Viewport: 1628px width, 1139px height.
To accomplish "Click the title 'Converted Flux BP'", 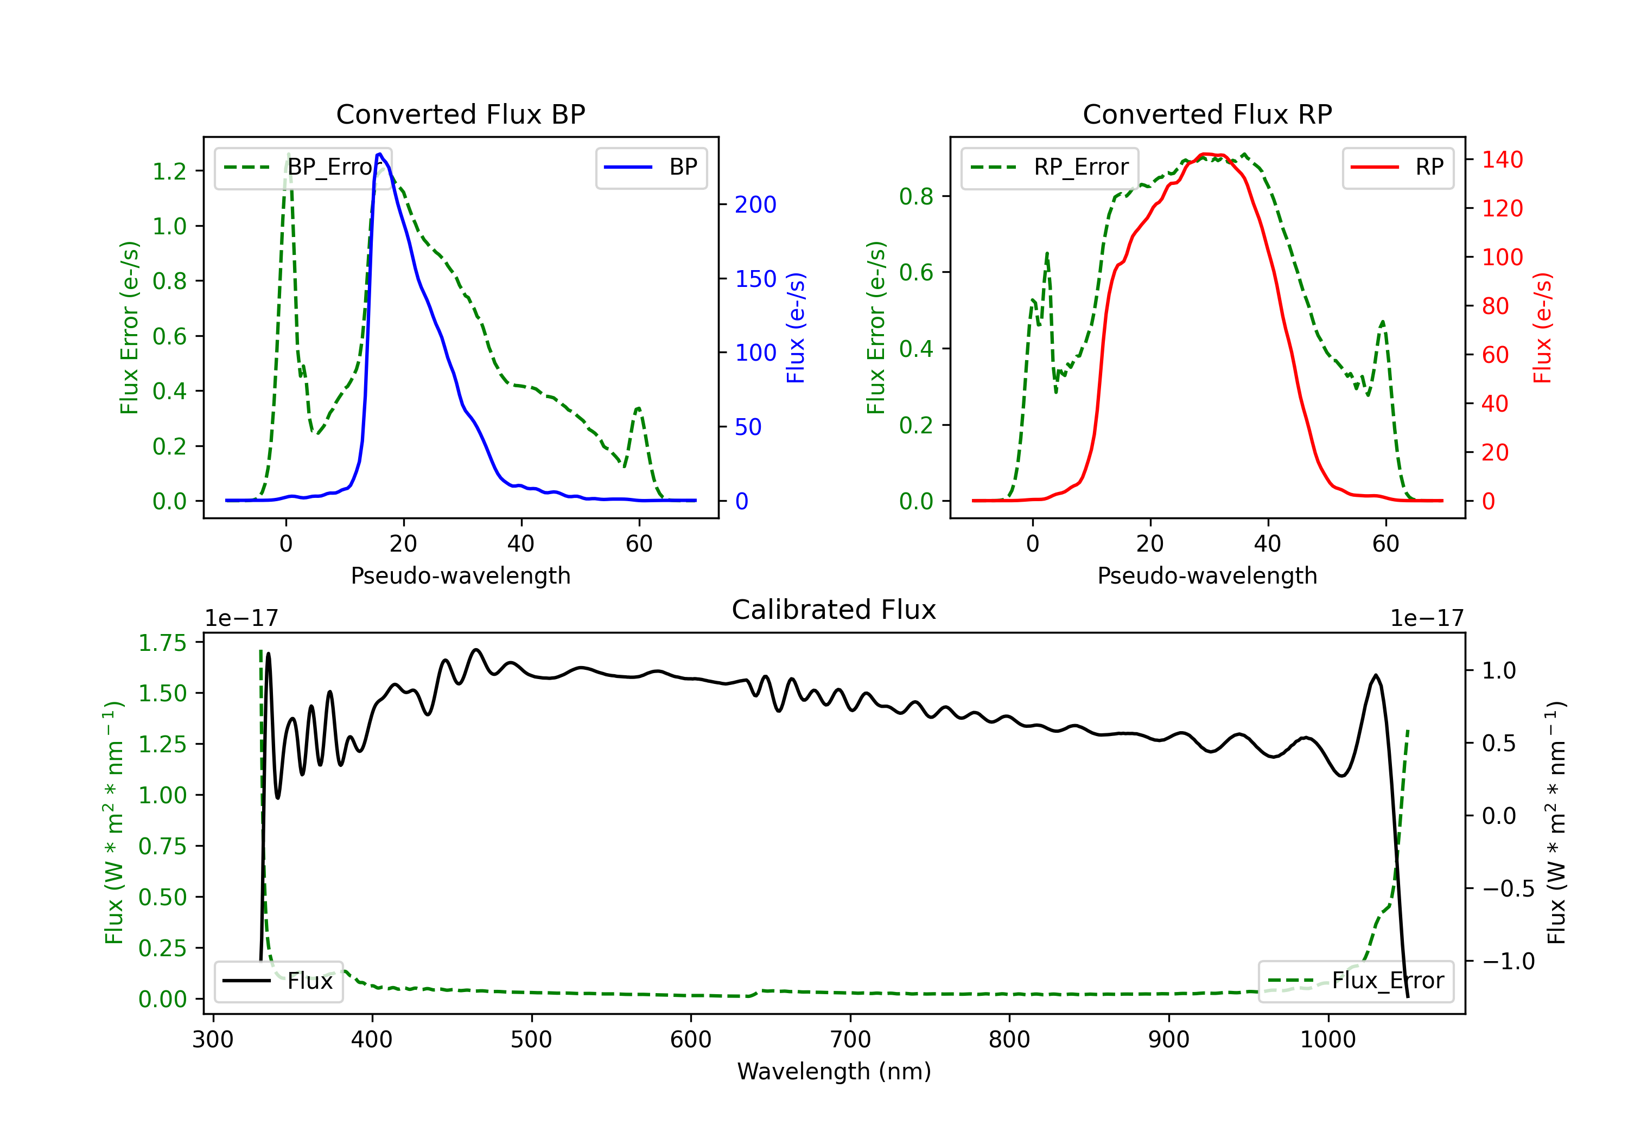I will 460,114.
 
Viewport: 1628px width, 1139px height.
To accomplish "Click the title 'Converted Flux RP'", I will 1207,114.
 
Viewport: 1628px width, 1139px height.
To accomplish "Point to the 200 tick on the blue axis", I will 755,205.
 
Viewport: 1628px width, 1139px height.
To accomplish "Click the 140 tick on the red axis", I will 1502,159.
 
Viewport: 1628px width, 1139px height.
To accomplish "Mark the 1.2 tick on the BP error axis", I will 169,171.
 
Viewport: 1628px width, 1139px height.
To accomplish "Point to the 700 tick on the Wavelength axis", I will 849,1039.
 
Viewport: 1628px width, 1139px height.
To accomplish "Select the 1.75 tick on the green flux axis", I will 162,643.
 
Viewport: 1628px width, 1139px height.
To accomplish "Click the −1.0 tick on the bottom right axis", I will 1508,961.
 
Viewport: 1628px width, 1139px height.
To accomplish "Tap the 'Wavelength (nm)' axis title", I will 834,1071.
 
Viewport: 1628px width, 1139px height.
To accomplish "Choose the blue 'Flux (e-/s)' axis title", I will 796,328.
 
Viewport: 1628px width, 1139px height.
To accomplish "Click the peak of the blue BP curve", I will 379,154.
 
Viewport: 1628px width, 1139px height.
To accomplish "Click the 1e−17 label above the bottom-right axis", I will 1427,618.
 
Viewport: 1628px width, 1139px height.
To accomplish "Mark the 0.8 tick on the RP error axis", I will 916,196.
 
